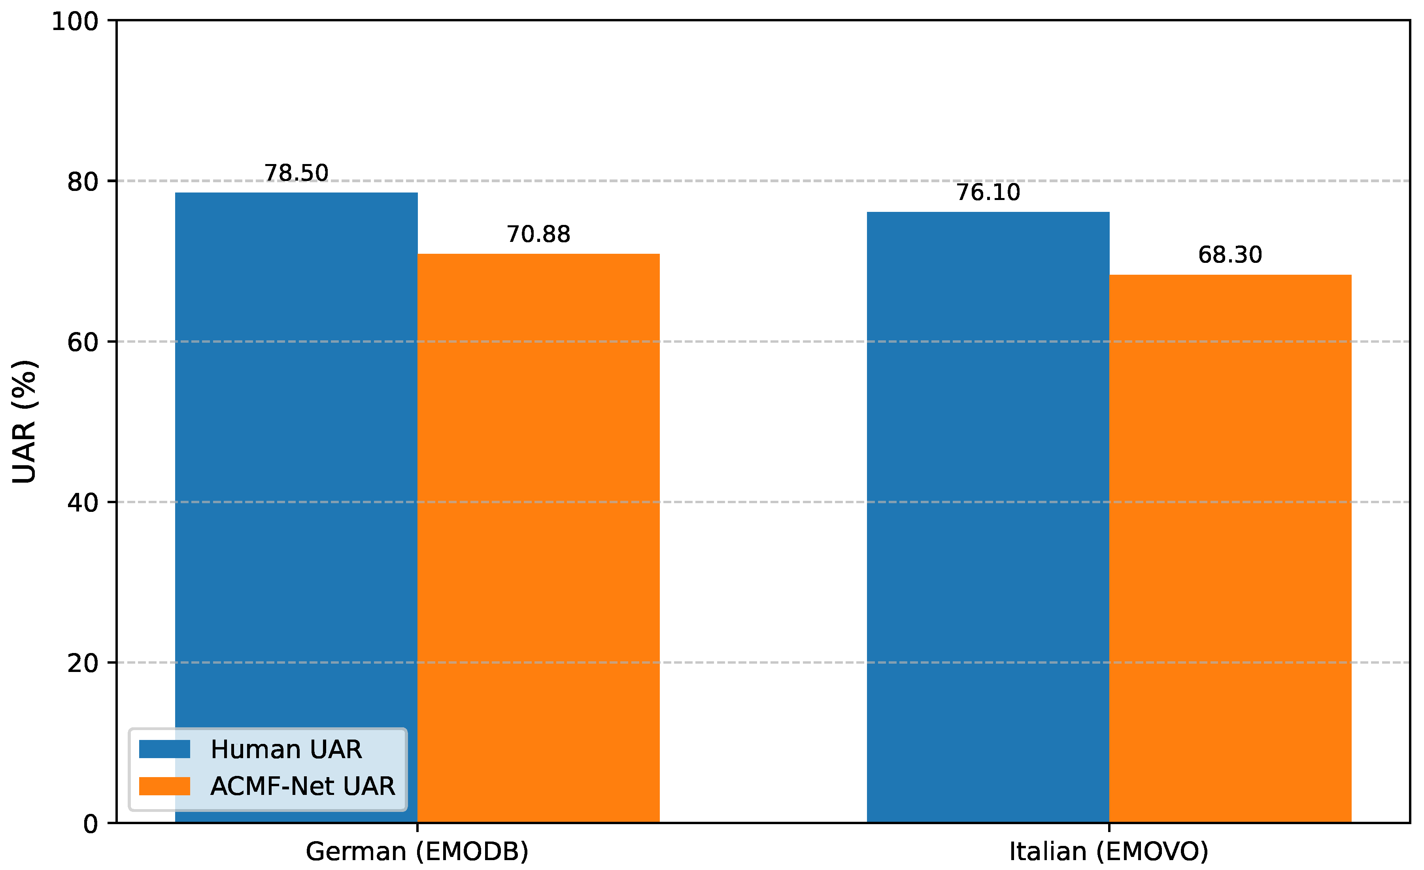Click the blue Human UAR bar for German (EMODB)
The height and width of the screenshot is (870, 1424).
[296, 462]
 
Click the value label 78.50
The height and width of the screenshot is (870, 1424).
[296, 173]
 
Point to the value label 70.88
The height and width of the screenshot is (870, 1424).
[538, 234]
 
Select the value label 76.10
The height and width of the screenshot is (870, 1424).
[988, 192]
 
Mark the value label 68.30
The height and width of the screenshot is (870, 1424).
[1230, 255]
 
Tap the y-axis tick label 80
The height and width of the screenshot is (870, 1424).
[83, 182]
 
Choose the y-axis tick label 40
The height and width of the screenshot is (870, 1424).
[83, 502]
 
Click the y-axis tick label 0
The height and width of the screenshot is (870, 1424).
[91, 824]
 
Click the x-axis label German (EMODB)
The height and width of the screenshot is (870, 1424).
[417, 851]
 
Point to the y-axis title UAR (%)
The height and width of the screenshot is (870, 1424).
[24, 422]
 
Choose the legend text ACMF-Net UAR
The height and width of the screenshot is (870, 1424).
[302, 786]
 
